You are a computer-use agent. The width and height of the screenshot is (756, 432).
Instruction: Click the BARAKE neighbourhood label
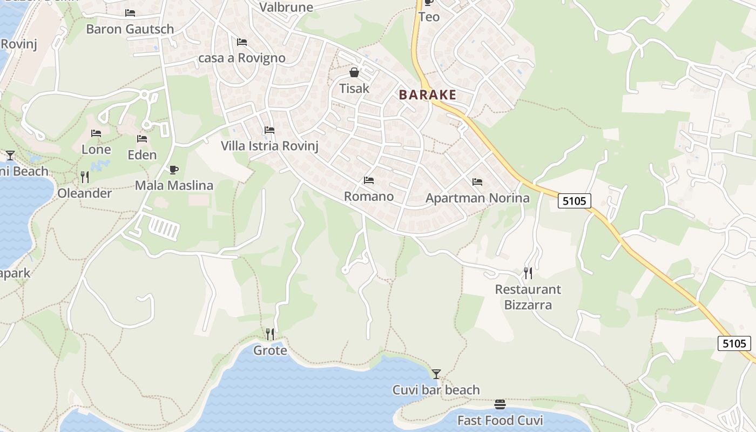[x=427, y=95]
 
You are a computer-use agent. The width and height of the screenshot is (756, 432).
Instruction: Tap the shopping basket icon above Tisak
[x=354, y=72]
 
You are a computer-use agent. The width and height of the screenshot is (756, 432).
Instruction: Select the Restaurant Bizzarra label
[x=528, y=297]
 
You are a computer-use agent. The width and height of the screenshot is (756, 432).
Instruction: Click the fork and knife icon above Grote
[x=270, y=334]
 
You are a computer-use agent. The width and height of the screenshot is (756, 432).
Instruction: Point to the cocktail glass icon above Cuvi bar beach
[x=436, y=374]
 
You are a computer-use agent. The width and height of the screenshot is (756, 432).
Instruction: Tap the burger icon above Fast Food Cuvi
[x=500, y=404]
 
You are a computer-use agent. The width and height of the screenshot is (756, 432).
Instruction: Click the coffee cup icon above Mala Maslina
[x=173, y=170]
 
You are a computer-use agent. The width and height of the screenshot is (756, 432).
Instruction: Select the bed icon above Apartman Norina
[x=477, y=182]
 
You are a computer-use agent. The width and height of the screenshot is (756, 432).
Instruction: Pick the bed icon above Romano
[x=369, y=180]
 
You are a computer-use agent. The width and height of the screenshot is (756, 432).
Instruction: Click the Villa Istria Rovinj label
[x=270, y=146]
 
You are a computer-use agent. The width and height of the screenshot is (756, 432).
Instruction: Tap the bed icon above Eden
[x=142, y=139]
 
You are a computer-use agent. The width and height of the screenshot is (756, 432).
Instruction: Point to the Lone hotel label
[x=96, y=150]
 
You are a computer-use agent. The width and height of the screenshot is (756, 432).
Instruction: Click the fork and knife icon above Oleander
[x=84, y=177]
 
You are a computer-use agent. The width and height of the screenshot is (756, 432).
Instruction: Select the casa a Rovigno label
[x=242, y=58]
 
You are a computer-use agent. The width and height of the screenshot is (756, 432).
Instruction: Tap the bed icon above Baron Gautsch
[x=130, y=13]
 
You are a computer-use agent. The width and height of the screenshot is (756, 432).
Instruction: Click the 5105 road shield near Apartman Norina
[x=574, y=201]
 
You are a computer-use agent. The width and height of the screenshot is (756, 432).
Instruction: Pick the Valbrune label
[x=286, y=7]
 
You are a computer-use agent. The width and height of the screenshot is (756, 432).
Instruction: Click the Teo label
[x=429, y=17]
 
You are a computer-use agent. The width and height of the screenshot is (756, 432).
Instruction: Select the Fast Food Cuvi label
[x=500, y=420]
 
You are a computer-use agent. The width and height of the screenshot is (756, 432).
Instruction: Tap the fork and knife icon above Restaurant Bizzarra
[x=528, y=273]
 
